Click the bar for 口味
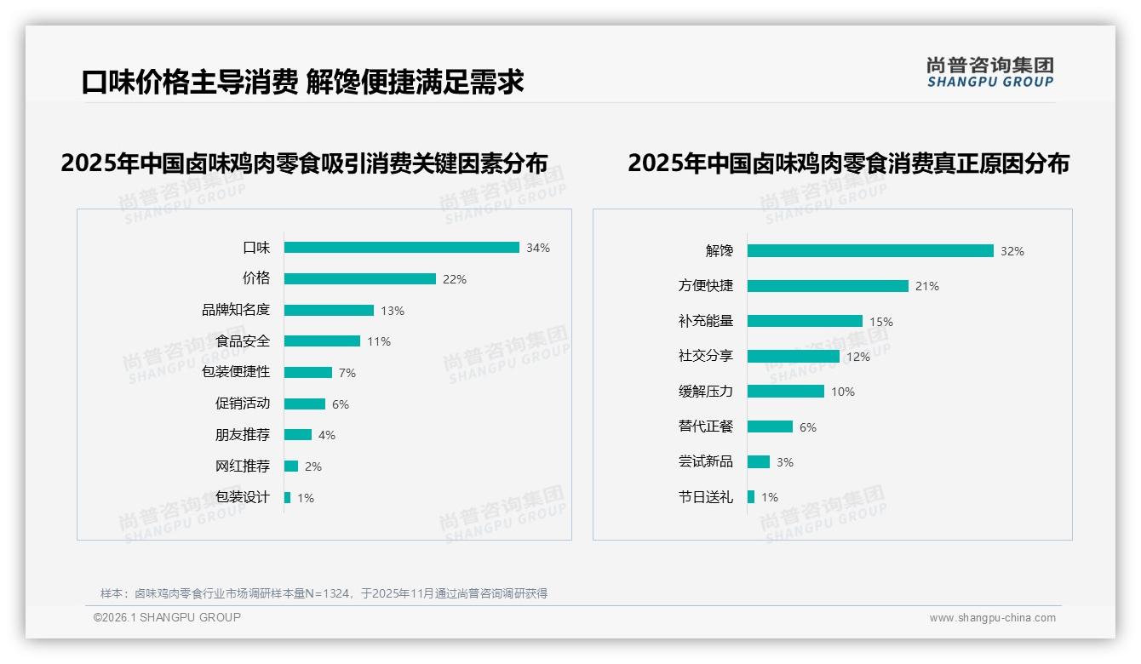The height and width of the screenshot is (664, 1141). point(401,248)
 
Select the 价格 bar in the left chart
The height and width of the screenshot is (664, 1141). point(359,279)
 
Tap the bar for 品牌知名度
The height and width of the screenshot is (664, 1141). point(329,311)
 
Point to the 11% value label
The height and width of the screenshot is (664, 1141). point(379,342)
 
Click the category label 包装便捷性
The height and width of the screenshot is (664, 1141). point(236,372)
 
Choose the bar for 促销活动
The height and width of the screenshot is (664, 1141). point(304,404)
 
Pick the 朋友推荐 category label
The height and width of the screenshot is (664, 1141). point(242,435)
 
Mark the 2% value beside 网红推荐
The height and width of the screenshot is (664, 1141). point(313,467)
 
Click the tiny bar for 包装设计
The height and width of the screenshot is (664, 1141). point(287,497)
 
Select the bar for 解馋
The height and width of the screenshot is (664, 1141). point(870,251)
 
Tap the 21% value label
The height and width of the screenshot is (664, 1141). point(927,287)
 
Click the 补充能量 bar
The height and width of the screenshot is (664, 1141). point(805,321)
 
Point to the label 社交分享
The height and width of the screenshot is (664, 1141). point(705,356)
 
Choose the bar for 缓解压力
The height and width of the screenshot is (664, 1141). point(785,392)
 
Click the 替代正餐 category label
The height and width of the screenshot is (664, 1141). point(705,426)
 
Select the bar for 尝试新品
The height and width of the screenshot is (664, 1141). point(758,461)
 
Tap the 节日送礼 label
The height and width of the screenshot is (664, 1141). point(705,497)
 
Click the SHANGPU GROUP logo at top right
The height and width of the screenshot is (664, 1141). point(990,72)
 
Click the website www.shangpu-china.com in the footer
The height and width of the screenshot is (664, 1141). point(992,618)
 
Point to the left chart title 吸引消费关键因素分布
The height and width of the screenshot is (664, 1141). point(304,163)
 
